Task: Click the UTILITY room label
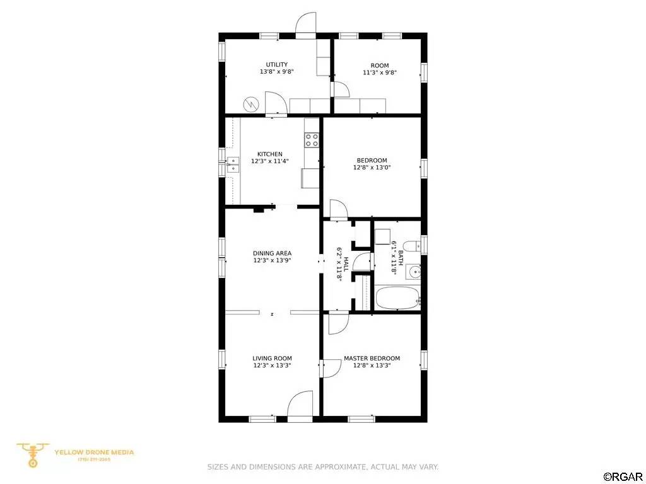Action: pos(276,65)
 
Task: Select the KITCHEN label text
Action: pos(269,154)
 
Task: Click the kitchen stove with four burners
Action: pos(312,140)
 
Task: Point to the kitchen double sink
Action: pos(233,165)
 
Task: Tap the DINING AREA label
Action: pos(272,253)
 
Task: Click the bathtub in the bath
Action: pos(397,298)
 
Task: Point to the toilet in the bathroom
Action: pos(410,246)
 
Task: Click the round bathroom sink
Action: pos(413,272)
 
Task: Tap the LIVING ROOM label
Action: pos(272,359)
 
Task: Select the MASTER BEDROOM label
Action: pos(372,359)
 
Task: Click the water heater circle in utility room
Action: pos(251,104)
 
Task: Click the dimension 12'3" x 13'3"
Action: pos(272,366)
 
